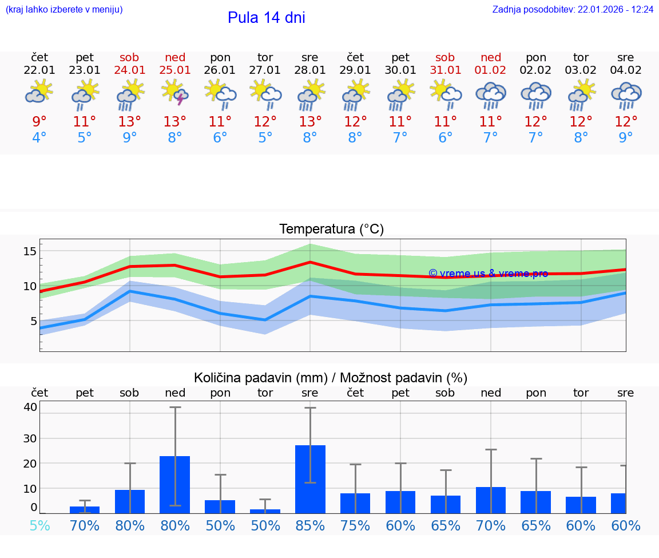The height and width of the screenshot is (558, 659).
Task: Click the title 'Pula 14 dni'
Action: point(266,18)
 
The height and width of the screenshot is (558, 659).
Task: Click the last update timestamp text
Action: point(573,10)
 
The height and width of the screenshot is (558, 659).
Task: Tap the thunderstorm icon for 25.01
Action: point(175,94)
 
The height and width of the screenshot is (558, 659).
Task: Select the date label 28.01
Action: point(310,70)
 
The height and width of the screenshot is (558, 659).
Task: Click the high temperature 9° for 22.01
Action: point(39,122)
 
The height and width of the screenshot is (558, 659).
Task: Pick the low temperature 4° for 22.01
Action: point(39,138)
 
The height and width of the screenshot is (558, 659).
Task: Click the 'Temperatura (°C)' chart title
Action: point(331,229)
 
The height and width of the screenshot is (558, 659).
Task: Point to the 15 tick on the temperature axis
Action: point(30,251)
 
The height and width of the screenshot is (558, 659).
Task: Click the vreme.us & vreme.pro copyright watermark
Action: point(488,274)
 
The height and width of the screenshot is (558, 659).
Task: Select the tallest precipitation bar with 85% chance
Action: point(310,479)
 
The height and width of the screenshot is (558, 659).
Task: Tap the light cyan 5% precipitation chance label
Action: point(39,525)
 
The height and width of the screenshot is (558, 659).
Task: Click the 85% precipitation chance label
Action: point(310,525)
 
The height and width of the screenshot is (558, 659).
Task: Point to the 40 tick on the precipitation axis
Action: point(30,407)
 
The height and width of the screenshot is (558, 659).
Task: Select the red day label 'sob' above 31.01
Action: point(445,57)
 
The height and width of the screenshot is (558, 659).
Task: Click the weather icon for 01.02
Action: point(490,95)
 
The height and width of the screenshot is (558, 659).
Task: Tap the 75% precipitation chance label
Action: point(355,525)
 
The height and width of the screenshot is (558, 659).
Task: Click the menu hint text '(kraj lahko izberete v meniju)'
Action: point(64,10)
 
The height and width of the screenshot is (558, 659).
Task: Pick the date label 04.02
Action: point(626,70)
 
